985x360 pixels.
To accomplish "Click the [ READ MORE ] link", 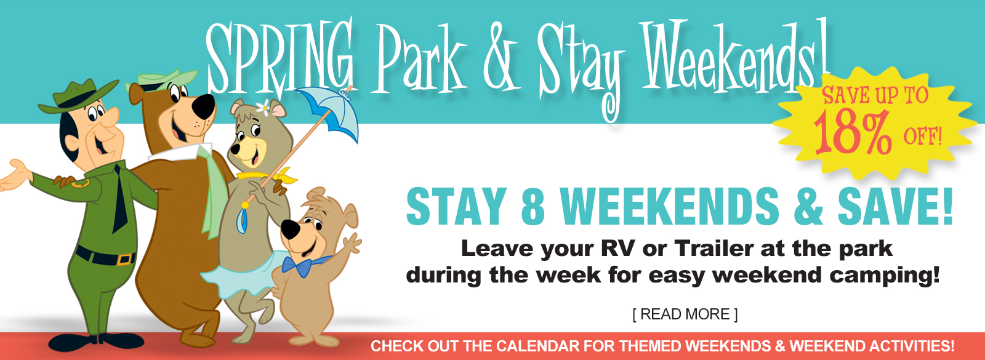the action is click(685, 314).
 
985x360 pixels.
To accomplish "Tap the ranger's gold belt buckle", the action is click(126, 259).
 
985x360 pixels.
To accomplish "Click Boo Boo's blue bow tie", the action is click(304, 265).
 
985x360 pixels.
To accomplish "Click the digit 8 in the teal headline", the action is click(533, 206).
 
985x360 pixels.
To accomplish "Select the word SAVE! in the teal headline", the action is click(895, 206).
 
